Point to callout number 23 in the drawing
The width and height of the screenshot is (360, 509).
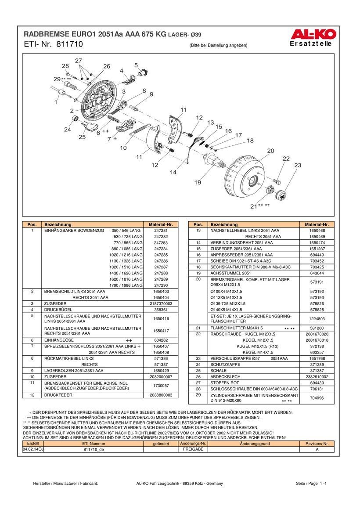(298, 165)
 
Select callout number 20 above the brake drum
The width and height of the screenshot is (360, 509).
(270, 151)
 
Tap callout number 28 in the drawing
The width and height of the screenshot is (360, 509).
(65, 66)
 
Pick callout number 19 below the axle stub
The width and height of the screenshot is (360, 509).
(198, 182)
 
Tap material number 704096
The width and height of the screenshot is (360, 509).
(317, 398)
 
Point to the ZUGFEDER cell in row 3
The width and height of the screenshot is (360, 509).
(55, 303)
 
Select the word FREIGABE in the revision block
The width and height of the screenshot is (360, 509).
(193, 449)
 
